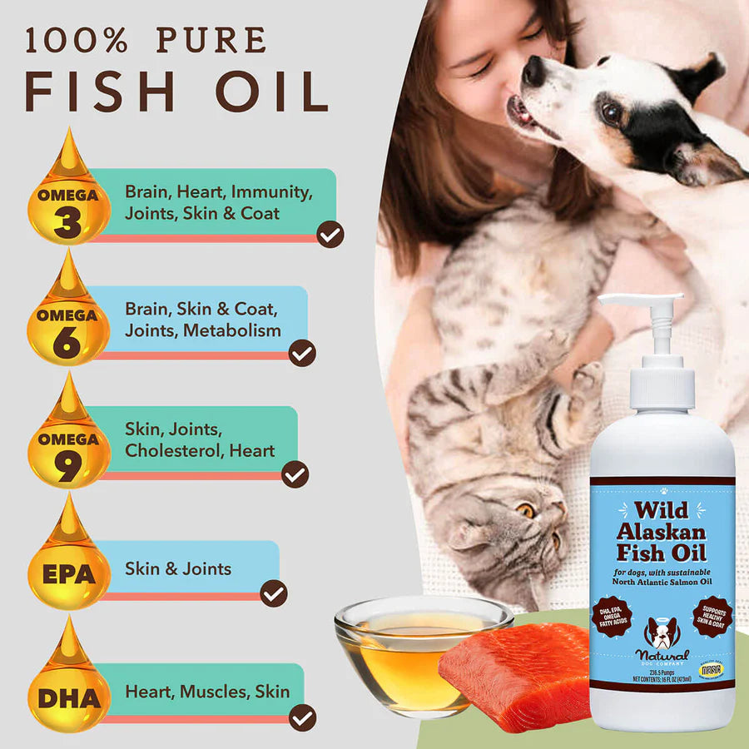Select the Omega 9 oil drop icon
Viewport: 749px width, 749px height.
(x=68, y=441)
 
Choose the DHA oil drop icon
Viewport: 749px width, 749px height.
(x=68, y=687)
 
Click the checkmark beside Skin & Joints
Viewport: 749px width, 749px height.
(x=274, y=593)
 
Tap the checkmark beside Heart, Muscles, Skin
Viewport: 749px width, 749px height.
(x=302, y=717)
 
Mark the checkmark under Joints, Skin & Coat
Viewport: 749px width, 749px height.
(x=330, y=234)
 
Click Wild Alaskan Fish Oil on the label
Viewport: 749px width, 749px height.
(x=662, y=533)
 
